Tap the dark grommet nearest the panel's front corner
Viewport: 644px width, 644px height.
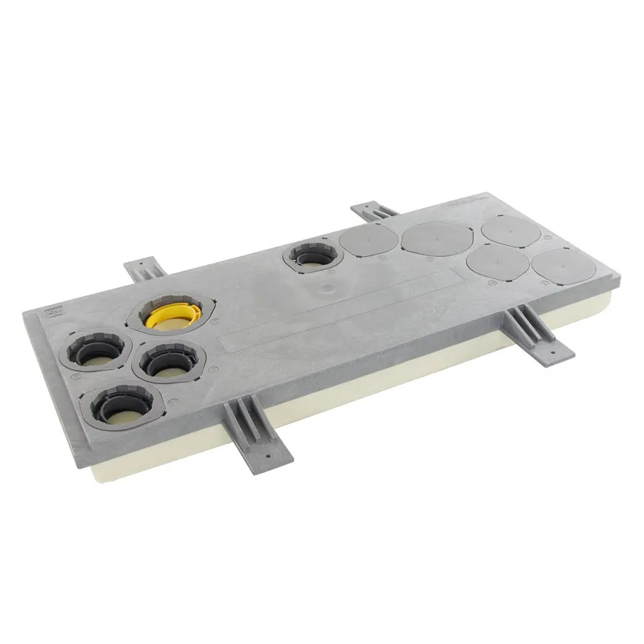[122, 403]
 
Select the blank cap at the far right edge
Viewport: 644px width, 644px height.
[567, 266]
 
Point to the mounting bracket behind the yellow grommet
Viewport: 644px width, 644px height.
[144, 271]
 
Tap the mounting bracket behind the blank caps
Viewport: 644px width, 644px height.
[375, 210]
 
